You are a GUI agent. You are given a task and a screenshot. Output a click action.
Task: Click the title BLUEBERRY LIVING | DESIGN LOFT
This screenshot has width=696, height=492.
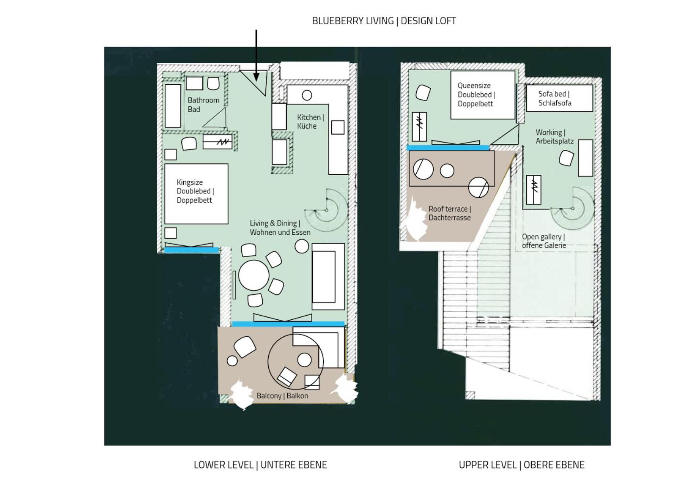[x=384, y=21]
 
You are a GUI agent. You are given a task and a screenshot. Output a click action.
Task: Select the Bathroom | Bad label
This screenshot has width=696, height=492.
[x=203, y=105]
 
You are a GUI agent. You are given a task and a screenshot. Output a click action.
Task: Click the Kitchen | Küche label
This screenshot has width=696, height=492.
[x=311, y=122]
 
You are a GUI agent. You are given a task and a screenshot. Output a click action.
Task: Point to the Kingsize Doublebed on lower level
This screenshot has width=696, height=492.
[x=196, y=194]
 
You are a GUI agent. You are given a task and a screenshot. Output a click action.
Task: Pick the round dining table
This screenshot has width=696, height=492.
[x=254, y=275]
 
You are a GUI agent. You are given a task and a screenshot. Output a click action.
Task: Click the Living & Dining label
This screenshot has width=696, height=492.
[x=280, y=228]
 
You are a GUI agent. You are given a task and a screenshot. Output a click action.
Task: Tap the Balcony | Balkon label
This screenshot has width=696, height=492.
[x=282, y=396]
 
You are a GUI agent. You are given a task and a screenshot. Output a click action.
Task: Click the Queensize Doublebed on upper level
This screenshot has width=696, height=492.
[x=483, y=95]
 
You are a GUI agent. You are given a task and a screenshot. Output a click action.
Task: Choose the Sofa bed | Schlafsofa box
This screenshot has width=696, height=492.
[x=559, y=98]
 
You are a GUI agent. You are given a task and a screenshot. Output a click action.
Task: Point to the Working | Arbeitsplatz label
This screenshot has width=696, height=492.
[x=555, y=137]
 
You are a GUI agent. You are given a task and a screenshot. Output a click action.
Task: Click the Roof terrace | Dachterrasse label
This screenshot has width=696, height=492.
[x=450, y=213]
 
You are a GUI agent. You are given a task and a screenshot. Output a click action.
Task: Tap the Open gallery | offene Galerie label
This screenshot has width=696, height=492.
[x=544, y=241]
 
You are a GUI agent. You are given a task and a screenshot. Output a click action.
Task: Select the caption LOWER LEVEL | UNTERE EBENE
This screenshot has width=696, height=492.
[x=260, y=465]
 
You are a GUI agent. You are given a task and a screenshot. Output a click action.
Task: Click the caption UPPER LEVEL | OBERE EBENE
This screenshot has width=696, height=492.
[x=521, y=465]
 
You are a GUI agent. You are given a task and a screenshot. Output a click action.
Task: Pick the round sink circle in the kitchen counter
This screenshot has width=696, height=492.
[x=307, y=95]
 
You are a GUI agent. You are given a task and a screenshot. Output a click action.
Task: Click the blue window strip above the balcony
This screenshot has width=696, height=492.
[x=288, y=324]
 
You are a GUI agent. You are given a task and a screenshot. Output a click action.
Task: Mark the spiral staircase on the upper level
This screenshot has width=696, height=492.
[x=572, y=208]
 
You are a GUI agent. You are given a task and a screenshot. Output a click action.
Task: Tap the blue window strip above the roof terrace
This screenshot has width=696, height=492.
[x=448, y=148]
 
